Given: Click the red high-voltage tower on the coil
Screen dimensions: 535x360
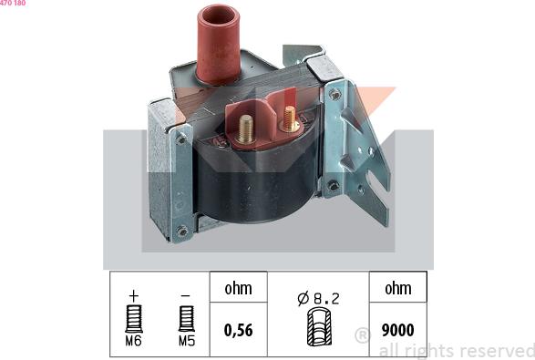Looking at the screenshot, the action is click(219, 44).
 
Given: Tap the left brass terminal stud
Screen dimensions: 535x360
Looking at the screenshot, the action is click(246, 129).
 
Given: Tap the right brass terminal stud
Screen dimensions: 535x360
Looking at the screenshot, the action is click(290, 118).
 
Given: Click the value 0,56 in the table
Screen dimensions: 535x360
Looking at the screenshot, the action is click(239, 330).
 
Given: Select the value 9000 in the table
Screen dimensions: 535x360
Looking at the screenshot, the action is click(398, 330).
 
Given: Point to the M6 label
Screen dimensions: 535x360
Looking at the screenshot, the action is click(133, 341).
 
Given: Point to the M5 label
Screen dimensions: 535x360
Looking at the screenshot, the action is click(187, 341).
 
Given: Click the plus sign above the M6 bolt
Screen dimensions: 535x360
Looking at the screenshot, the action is click(134, 295).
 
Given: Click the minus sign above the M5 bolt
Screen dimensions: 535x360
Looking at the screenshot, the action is click(185, 295).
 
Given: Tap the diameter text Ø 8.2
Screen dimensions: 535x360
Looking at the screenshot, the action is click(318, 299).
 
